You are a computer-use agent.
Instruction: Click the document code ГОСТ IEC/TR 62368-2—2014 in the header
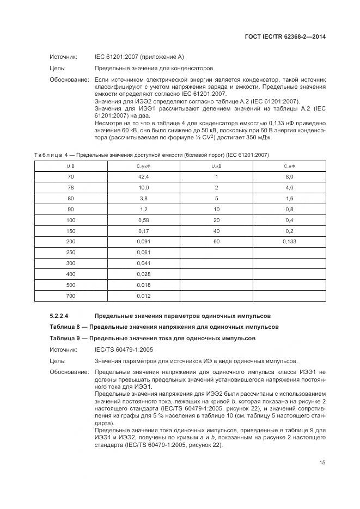285,38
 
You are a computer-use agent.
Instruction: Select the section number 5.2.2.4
62,316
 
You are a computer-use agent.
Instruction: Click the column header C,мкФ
143,166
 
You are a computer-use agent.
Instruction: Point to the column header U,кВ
216,166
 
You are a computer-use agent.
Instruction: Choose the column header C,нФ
289,166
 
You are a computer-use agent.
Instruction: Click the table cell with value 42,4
143,177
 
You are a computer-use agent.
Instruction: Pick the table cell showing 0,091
143,241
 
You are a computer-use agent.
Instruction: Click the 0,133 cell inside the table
289,241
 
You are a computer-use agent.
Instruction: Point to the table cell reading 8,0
289,177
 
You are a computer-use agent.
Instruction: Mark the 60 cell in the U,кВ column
216,241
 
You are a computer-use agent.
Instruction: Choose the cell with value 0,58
143,220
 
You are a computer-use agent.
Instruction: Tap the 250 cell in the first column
71,252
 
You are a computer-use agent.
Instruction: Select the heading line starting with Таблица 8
164,327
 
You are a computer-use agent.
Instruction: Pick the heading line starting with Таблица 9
152,338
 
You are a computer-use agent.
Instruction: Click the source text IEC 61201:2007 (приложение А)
139,57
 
